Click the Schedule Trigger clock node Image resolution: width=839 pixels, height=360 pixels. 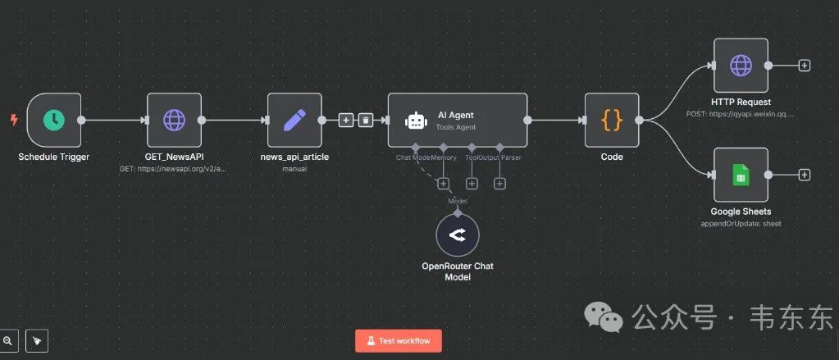coord(54,120)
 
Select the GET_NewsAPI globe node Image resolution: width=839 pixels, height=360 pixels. coord(174,120)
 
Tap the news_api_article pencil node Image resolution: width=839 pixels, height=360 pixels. coord(294,120)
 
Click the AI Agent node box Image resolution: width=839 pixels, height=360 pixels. coord(457,120)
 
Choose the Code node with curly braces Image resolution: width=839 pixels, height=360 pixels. coord(612,120)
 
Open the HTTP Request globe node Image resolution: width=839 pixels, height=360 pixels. coord(741,65)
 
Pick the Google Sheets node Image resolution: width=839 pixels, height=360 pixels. coord(741,175)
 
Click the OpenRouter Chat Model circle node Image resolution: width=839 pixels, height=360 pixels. coord(458,235)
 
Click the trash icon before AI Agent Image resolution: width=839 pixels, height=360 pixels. coord(366,120)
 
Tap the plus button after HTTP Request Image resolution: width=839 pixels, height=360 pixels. coord(805,65)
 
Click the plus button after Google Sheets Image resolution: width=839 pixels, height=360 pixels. coord(805,175)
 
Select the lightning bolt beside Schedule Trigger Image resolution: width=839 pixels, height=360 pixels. coord(13,120)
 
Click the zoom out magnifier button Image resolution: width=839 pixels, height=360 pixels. coord(8,339)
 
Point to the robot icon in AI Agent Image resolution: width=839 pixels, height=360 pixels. coord(416,121)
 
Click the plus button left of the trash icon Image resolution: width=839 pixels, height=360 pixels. coord(346,120)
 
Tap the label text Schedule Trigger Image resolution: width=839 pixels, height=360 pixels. coord(54,157)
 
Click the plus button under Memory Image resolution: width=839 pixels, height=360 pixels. coord(444,184)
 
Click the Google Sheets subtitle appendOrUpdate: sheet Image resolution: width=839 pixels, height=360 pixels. coord(741,223)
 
